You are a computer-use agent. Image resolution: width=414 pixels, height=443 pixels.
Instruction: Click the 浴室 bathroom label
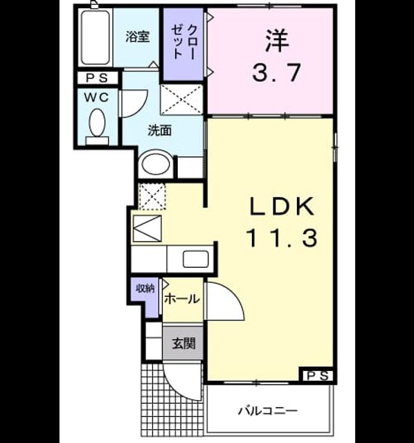(x=137, y=37)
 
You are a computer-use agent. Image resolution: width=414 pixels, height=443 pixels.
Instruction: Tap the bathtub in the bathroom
(x=95, y=37)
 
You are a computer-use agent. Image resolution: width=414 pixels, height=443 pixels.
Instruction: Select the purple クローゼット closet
(x=183, y=44)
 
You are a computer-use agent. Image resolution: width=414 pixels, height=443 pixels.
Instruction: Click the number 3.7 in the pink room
(x=276, y=73)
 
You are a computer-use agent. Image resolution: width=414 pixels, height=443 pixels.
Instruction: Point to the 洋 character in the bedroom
(x=277, y=41)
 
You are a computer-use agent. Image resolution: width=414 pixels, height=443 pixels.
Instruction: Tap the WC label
(x=97, y=98)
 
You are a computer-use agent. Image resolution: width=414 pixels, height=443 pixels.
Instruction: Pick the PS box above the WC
(x=97, y=78)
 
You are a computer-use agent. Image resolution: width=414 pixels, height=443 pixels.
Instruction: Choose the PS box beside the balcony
(x=316, y=375)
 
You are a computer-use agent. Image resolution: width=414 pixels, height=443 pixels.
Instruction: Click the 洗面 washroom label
(x=160, y=131)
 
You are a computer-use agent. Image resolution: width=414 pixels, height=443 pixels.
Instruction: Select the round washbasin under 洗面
(x=156, y=164)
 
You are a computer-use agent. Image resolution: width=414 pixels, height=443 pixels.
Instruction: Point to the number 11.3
(x=282, y=238)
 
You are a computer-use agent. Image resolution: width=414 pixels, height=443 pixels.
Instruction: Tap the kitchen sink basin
(x=195, y=259)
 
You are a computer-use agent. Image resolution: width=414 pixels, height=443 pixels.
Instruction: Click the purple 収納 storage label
(x=145, y=289)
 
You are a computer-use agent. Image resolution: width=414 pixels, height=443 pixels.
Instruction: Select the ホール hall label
(x=182, y=299)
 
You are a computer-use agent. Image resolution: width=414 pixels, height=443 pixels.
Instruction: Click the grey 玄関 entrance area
(x=183, y=343)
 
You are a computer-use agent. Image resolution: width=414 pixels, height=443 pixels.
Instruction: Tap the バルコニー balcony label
(x=267, y=410)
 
